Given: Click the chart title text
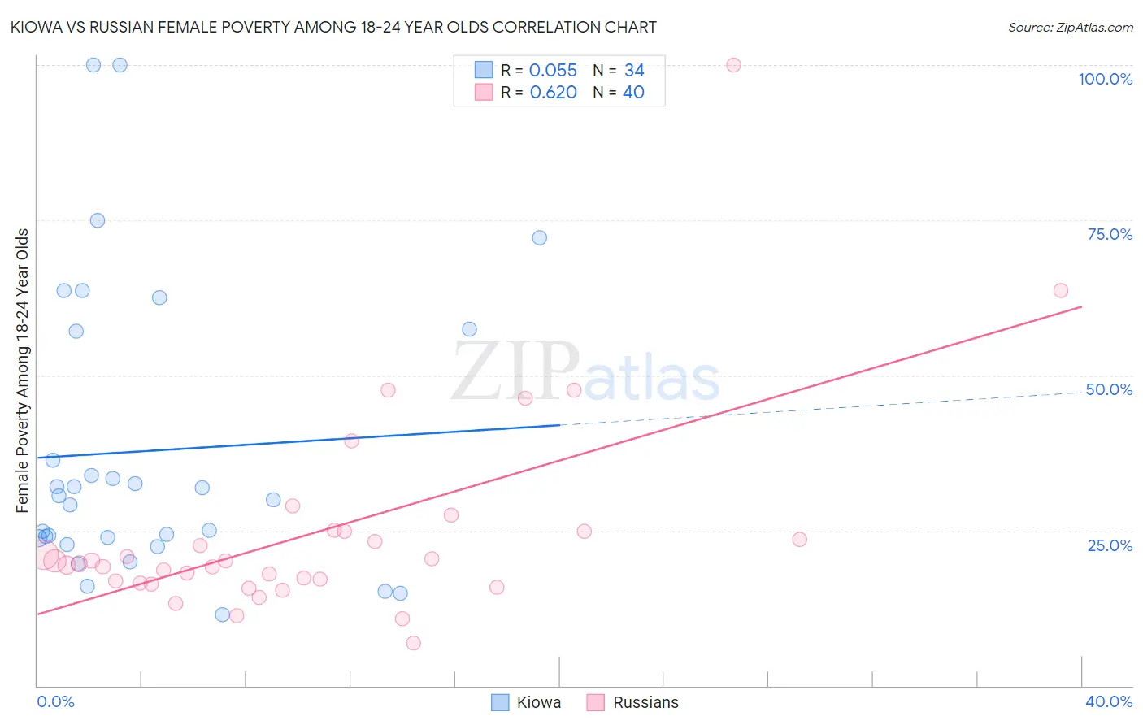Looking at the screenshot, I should click(x=334, y=28).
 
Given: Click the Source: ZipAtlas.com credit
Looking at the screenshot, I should click(x=1070, y=28).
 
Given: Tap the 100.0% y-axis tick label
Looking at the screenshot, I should click(x=1105, y=79).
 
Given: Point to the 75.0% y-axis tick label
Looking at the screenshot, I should click(x=1110, y=234).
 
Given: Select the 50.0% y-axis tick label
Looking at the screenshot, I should click(x=1109, y=389).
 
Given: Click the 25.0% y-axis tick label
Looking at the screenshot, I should click(x=1110, y=545).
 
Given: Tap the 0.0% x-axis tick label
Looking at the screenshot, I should click(x=55, y=701).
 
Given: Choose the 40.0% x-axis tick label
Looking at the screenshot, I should click(x=1109, y=701).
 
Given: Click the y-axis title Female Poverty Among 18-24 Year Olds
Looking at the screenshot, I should click(x=23, y=371).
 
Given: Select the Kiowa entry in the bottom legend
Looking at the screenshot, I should click(x=538, y=702).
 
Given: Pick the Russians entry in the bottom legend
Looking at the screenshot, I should click(x=645, y=702).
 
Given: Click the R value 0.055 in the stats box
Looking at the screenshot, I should click(x=553, y=71).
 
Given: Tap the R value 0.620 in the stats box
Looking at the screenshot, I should click(x=553, y=93).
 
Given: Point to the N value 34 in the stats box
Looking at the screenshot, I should click(x=634, y=71).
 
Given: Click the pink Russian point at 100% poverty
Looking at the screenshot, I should click(x=733, y=65).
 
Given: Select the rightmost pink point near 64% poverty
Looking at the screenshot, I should click(x=1060, y=290).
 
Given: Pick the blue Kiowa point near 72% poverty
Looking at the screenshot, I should click(x=539, y=238).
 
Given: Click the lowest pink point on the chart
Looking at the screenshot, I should click(x=413, y=643).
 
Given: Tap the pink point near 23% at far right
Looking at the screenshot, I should click(x=799, y=539).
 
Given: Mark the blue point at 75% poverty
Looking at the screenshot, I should click(x=98, y=220).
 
